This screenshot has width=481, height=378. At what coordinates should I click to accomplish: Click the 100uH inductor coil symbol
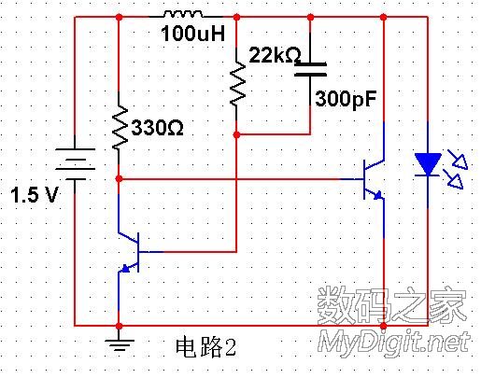tap(183, 14)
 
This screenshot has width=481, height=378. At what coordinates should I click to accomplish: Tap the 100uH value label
tap(193, 34)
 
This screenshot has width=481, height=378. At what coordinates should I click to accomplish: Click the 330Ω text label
tap(157, 128)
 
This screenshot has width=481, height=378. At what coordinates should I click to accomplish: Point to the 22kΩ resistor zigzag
tap(237, 82)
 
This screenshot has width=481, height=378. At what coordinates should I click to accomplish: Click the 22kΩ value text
tap(275, 55)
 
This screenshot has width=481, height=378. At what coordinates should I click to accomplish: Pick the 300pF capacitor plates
tap(310, 69)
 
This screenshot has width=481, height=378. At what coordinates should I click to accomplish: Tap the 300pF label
tap(346, 99)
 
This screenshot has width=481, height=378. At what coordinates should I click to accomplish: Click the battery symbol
tap(75, 164)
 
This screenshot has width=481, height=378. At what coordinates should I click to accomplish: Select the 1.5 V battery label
tap(35, 195)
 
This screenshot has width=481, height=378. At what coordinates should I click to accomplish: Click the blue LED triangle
tap(428, 164)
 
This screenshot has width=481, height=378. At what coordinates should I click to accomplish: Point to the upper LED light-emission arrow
tap(458, 160)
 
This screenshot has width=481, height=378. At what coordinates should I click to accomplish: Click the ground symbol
tap(120, 344)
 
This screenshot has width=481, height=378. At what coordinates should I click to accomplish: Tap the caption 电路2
tap(205, 347)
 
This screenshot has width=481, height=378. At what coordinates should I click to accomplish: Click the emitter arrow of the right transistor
tap(378, 195)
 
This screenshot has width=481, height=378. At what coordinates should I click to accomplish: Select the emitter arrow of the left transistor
tap(125, 268)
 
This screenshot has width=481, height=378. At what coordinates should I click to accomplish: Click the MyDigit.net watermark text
tap(394, 343)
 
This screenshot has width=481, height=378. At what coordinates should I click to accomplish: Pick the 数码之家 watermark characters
tap(391, 305)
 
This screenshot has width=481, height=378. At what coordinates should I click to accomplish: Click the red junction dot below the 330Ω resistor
tap(119, 179)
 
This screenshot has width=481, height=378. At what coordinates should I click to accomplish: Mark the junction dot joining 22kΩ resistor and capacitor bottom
tap(237, 134)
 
